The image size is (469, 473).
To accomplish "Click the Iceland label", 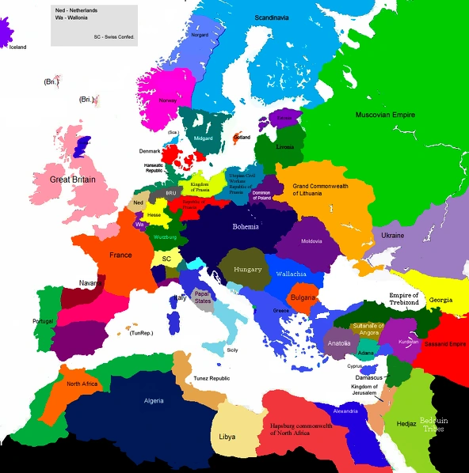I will point(17,47).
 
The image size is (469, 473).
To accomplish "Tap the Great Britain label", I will point(73,180).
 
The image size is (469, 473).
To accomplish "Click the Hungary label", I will point(247,270).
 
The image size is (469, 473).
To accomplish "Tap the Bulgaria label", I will point(303,297).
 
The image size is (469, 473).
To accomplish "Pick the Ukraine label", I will point(393,236).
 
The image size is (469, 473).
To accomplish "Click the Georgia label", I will point(441,301).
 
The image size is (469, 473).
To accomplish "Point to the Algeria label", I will point(154,400).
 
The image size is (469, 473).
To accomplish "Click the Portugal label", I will point(43,321).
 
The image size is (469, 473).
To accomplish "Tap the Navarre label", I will point(90,283).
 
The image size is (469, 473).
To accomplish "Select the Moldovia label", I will point(311,240).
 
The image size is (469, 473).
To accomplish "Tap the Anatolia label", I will point(338,343).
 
